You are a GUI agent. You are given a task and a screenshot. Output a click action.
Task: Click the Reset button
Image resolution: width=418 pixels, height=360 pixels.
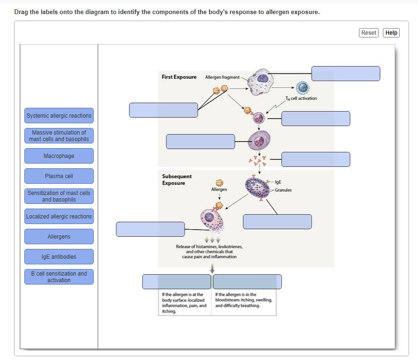[369, 33]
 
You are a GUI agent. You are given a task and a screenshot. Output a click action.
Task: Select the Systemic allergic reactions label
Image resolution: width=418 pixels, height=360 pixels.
[59, 116]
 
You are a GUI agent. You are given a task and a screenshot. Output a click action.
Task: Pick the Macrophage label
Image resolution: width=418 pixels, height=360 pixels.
[59, 156]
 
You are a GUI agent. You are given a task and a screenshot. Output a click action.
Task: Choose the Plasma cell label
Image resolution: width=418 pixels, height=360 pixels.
[59, 176]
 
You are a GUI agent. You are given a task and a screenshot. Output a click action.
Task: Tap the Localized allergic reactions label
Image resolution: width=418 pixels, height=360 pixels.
[59, 217]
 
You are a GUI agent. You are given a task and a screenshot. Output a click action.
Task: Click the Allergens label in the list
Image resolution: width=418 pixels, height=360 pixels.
[59, 237]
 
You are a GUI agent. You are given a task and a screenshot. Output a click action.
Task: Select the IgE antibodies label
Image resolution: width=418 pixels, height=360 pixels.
[59, 257]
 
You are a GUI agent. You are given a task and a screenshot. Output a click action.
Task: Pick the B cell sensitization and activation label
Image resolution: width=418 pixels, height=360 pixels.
[59, 277]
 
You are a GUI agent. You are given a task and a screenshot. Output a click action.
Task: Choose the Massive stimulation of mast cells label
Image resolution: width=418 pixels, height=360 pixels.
[59, 136]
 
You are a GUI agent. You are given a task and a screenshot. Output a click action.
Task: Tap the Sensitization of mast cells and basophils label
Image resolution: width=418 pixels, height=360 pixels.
[59, 196]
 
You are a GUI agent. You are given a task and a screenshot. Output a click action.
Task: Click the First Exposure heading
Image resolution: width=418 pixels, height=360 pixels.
[179, 77]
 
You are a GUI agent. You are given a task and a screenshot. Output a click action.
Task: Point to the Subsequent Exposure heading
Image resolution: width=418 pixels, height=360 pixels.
[177, 180]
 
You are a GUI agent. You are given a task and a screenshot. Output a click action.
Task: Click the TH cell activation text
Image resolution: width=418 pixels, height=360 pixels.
[301, 98]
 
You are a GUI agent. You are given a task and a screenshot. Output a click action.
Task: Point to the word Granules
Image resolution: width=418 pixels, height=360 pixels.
[283, 190]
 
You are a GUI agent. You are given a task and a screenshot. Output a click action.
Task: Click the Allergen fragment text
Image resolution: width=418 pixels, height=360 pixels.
[222, 77]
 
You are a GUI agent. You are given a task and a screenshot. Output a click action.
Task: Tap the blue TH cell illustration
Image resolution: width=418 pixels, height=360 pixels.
[303, 88]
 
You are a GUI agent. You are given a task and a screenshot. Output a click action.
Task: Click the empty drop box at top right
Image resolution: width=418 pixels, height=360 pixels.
[345, 74]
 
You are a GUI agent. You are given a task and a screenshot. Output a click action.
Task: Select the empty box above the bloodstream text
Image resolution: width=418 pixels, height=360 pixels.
[247, 282]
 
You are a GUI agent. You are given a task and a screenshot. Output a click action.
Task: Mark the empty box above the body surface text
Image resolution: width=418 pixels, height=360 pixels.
[177, 282]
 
